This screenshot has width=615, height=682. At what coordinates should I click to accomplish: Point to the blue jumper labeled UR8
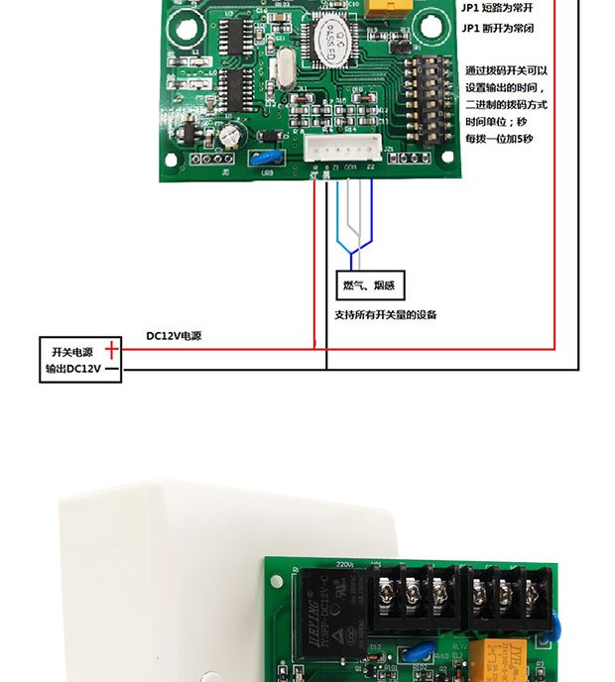265,158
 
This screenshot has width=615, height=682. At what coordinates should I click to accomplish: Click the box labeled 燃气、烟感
370,285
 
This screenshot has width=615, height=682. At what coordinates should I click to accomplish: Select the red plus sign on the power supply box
112,350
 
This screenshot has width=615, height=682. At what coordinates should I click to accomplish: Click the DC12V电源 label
174,336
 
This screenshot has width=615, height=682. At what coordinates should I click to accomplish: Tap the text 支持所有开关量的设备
386,315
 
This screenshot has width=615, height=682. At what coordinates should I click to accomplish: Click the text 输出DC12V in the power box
72,371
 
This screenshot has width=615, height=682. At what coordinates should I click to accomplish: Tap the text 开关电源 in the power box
71,352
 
